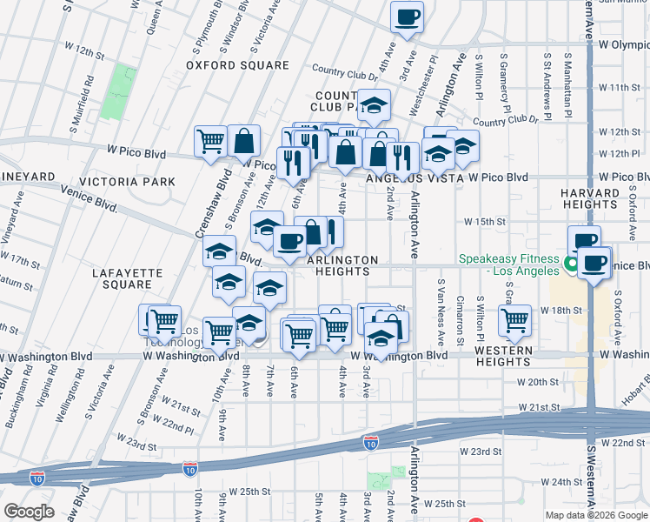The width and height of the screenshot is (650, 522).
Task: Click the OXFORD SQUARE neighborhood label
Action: pyautogui.click(x=237, y=65)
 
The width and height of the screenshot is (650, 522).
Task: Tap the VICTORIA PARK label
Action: pyautogui.click(x=127, y=182)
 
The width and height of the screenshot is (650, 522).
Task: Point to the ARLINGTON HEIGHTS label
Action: pyautogui.click(x=342, y=265)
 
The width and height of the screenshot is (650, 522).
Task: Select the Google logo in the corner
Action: pyautogui.click(x=29, y=511)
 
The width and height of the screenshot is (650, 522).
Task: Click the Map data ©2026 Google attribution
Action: pyautogui.click(x=596, y=515)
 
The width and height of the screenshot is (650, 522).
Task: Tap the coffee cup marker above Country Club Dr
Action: pyautogui.click(x=406, y=17)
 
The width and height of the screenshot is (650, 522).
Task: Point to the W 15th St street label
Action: pyautogui.click(x=484, y=222)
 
